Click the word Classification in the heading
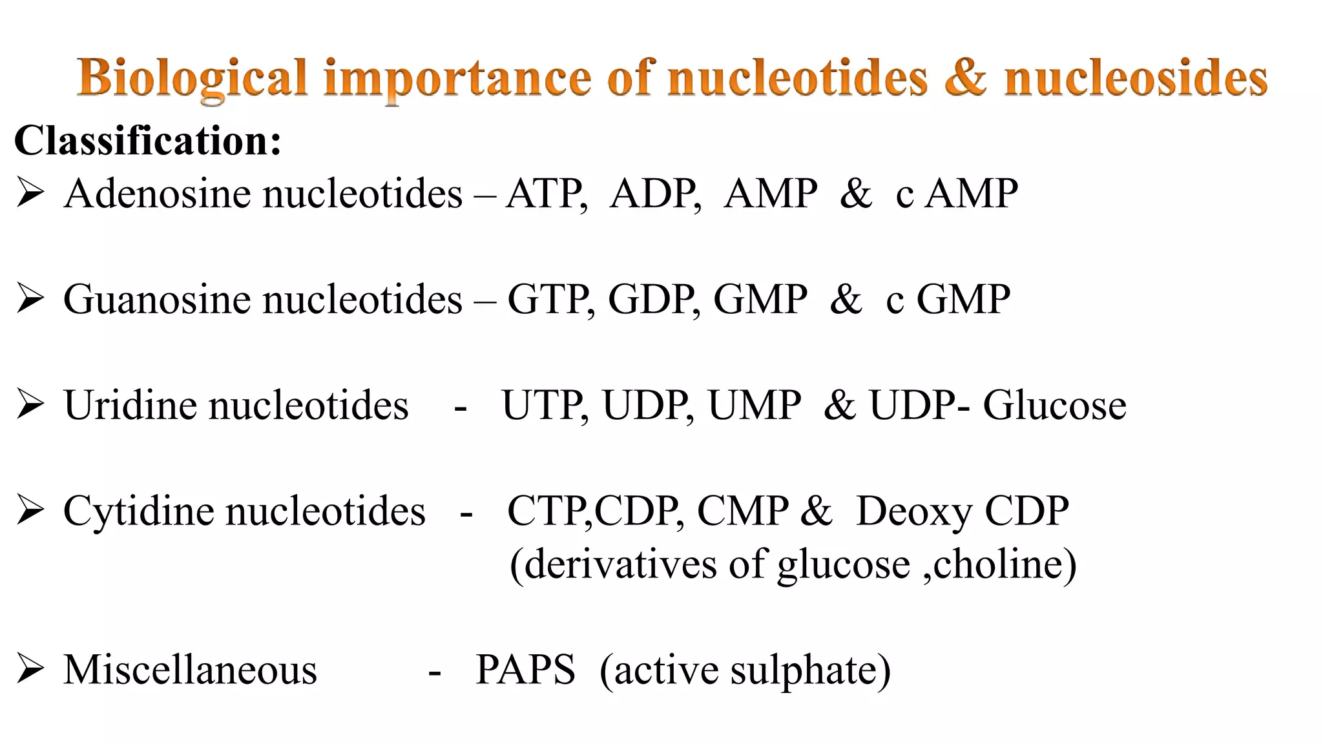pyautogui.click(x=147, y=140)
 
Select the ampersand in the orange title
pyautogui.click(x=965, y=78)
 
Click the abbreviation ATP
pyautogui.click(x=545, y=193)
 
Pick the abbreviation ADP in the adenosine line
pyautogui.click(x=654, y=193)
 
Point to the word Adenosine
pyautogui.click(x=155, y=193)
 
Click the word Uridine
pyautogui.click(x=131, y=405)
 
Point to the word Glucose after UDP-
pyautogui.click(x=1054, y=405)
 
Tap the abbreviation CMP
pyautogui.click(x=743, y=511)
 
